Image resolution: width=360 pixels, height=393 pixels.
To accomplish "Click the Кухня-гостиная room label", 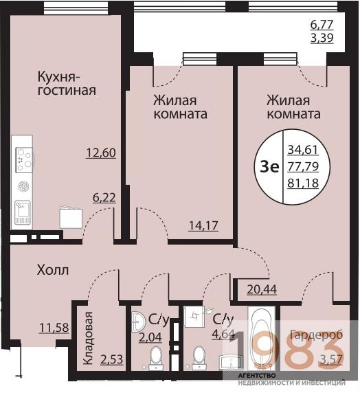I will point(66,82).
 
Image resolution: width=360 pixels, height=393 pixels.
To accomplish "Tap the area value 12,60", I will point(100,153).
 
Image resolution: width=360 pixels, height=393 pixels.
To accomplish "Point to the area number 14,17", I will point(203,225).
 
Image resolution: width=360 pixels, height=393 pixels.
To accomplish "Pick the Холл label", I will point(52,270).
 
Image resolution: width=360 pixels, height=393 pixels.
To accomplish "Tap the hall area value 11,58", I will point(54,328).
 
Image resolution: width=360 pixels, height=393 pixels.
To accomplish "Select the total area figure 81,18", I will point(302,183).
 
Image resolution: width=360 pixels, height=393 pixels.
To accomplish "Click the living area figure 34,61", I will point(302,148).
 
